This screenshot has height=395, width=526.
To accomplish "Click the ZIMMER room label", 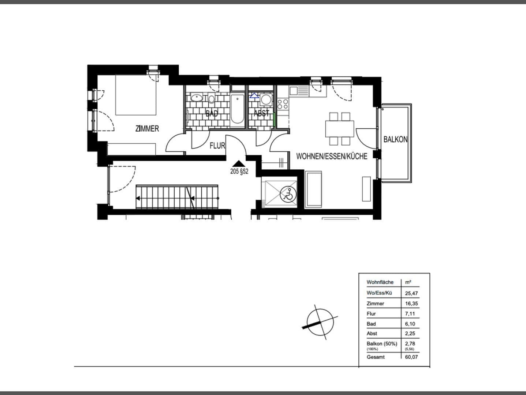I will coord(147,128).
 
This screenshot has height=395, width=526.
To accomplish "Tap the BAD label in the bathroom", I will coord(212,113).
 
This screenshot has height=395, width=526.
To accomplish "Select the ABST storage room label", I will coord(261,113).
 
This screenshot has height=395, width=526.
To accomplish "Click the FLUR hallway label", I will coord(217,146).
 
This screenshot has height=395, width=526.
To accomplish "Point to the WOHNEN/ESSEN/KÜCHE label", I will coord(332,156).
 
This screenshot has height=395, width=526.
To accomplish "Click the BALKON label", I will coord(395,139).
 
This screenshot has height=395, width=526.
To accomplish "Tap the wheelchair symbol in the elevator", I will coord(288,194).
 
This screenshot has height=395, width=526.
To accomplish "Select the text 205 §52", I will coord(239,172).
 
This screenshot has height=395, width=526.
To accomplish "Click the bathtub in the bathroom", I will coord(237,109).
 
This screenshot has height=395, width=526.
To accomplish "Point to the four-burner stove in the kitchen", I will coord(282,104).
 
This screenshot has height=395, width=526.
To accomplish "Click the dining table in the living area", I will coord(340,129).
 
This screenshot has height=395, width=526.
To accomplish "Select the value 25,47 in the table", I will coord(411,293).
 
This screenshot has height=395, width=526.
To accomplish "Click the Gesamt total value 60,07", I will coord(411,357).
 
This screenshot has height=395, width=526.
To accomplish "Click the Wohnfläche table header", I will coord(380,282).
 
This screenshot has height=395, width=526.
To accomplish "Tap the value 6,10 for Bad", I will coord(410,324).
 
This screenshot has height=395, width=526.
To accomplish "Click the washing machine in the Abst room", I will coord(266,99).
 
